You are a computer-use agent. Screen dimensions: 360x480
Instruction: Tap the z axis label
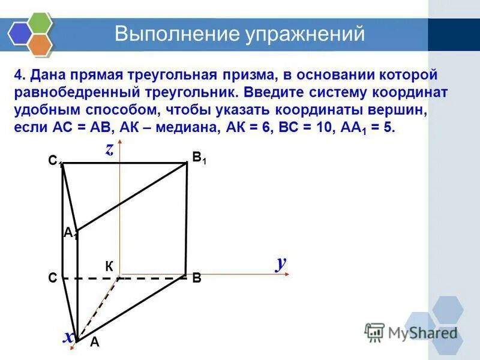point(110,150)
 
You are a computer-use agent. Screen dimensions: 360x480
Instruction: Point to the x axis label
point(70,337)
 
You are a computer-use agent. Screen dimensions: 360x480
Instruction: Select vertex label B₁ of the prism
point(199,158)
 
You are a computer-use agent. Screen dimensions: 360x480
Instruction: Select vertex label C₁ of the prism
point(55,161)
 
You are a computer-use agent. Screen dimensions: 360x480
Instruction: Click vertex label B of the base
point(197,278)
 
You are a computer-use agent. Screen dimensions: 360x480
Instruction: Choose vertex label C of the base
point(53,278)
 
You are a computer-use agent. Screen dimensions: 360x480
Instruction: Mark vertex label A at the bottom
point(94,343)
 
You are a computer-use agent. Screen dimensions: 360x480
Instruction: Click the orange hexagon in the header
point(40,43)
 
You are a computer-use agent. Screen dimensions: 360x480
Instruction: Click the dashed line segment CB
point(150,278)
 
